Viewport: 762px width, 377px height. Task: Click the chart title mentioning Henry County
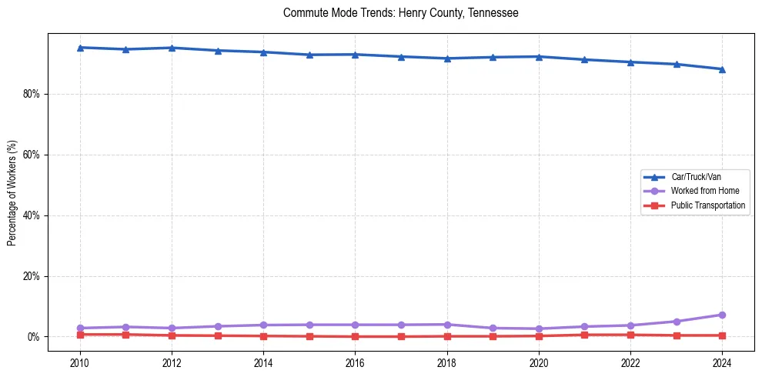[400, 13]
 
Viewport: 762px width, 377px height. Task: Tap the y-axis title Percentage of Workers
[12, 193]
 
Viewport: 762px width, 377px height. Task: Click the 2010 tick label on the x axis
[79, 362]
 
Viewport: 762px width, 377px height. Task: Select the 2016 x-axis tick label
[355, 362]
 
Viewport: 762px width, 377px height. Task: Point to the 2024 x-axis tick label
[722, 362]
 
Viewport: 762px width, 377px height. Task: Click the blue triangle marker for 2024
[722, 69]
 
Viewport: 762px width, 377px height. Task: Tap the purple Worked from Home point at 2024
[722, 315]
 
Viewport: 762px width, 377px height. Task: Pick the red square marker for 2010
[79, 335]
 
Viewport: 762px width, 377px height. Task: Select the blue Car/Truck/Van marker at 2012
[172, 48]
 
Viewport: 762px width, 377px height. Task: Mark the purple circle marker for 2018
[446, 325]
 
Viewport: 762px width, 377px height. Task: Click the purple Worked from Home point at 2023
[676, 322]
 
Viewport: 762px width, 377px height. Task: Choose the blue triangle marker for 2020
[539, 56]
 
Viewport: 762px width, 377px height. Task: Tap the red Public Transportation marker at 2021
[584, 335]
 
